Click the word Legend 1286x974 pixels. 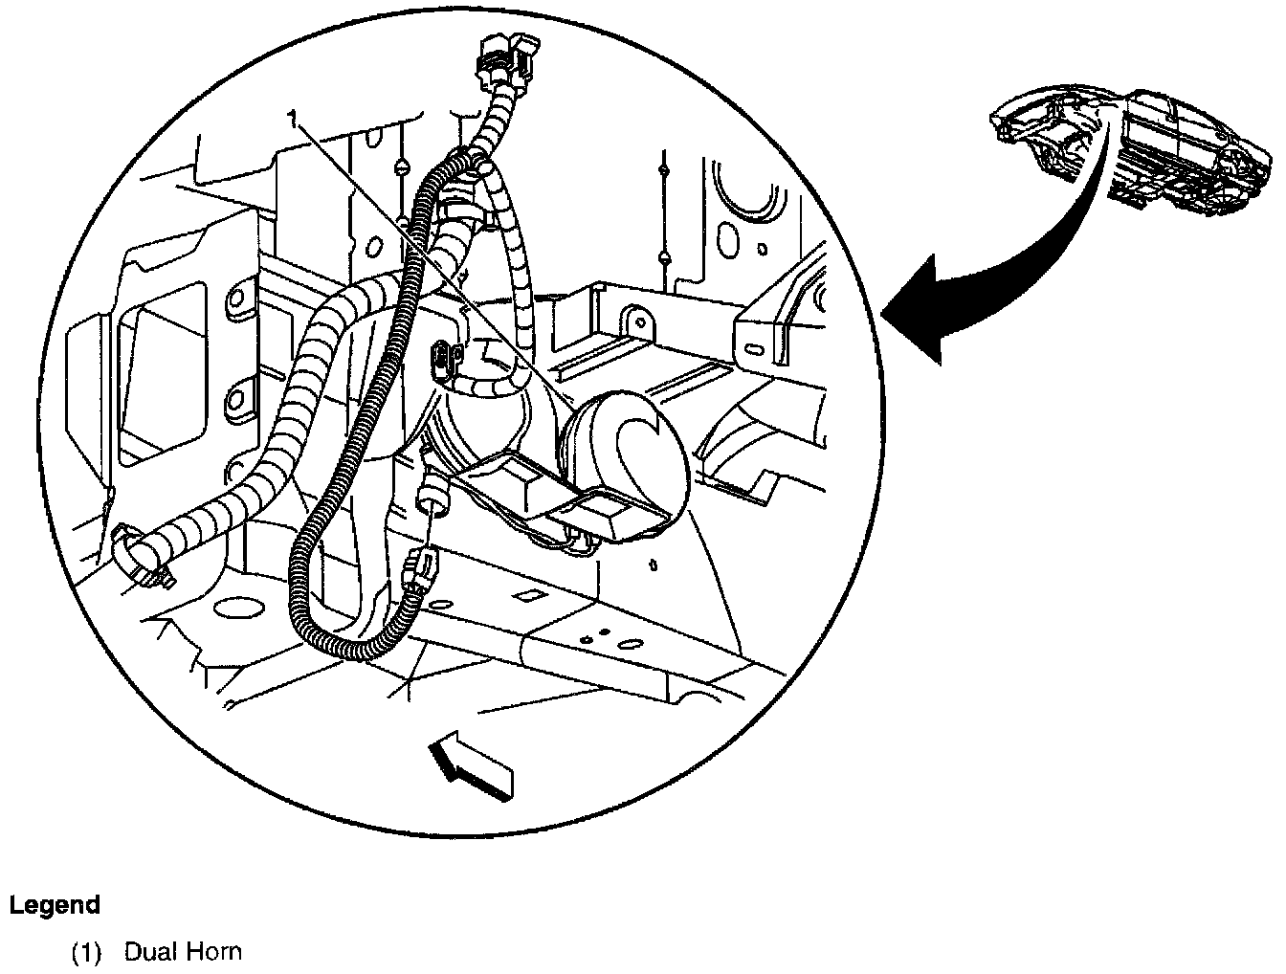click(x=55, y=905)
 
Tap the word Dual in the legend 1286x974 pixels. click(x=153, y=952)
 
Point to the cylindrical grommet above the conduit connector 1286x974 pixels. click(x=433, y=495)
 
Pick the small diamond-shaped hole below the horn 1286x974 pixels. click(x=526, y=595)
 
